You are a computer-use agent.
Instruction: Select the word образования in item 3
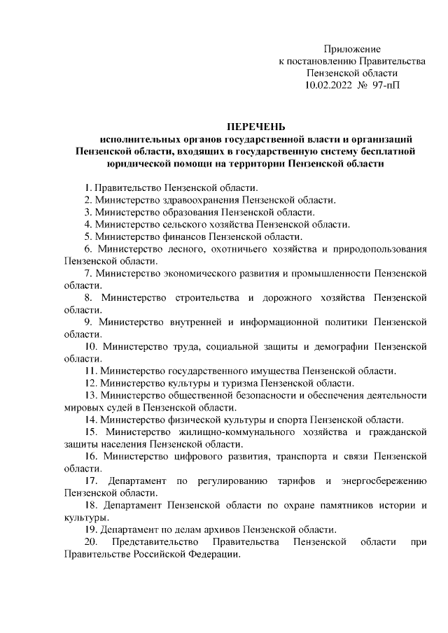coord(192,211)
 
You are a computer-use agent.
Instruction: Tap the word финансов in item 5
coord(172,236)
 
